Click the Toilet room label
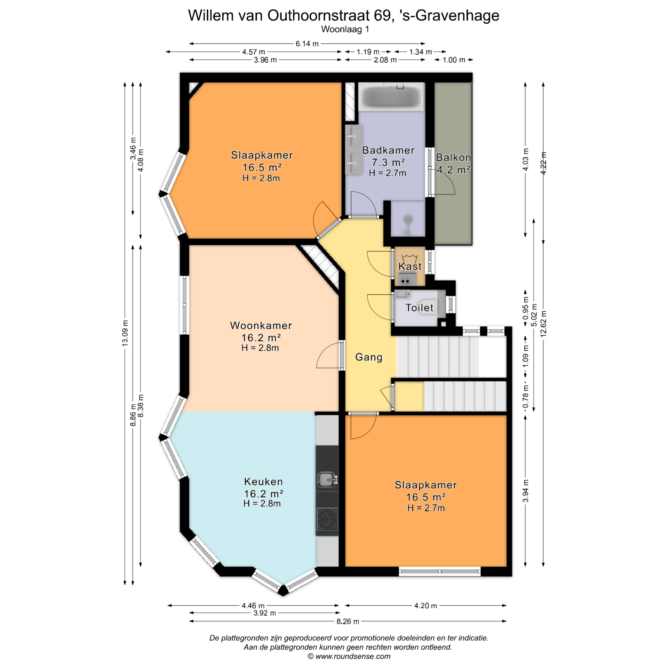pos(419,308)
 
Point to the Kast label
pos(410,267)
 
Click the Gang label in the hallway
pos(368,357)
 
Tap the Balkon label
pos(453,158)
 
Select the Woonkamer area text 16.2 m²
pos(261,337)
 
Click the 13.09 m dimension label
pos(125,333)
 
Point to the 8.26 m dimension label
pos(348,621)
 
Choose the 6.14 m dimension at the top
pos(307,44)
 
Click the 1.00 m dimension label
pos(454,60)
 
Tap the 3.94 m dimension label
pos(526,491)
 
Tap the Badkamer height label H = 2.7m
pos(387,173)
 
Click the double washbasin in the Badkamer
pos(354,149)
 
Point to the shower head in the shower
pos(407,219)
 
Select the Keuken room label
pos(263,482)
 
